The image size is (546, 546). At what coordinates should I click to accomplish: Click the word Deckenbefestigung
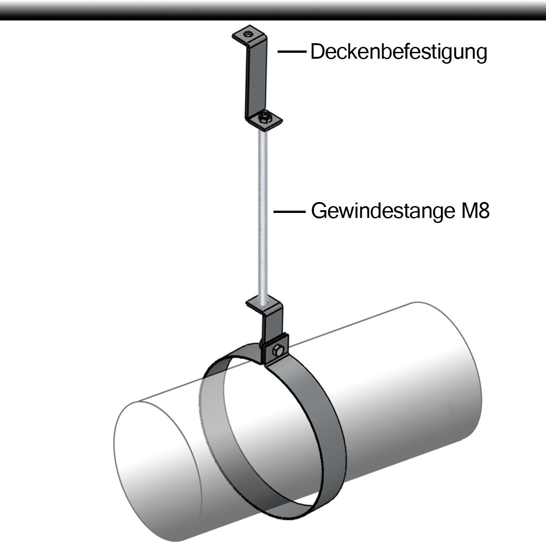[x=399, y=52]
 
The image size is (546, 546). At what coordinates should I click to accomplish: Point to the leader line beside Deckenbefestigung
[x=291, y=52]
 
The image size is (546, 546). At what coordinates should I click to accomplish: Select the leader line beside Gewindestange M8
[x=288, y=212]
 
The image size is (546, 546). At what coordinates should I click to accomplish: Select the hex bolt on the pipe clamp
[x=278, y=351]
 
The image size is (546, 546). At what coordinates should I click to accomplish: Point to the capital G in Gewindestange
[x=318, y=212]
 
